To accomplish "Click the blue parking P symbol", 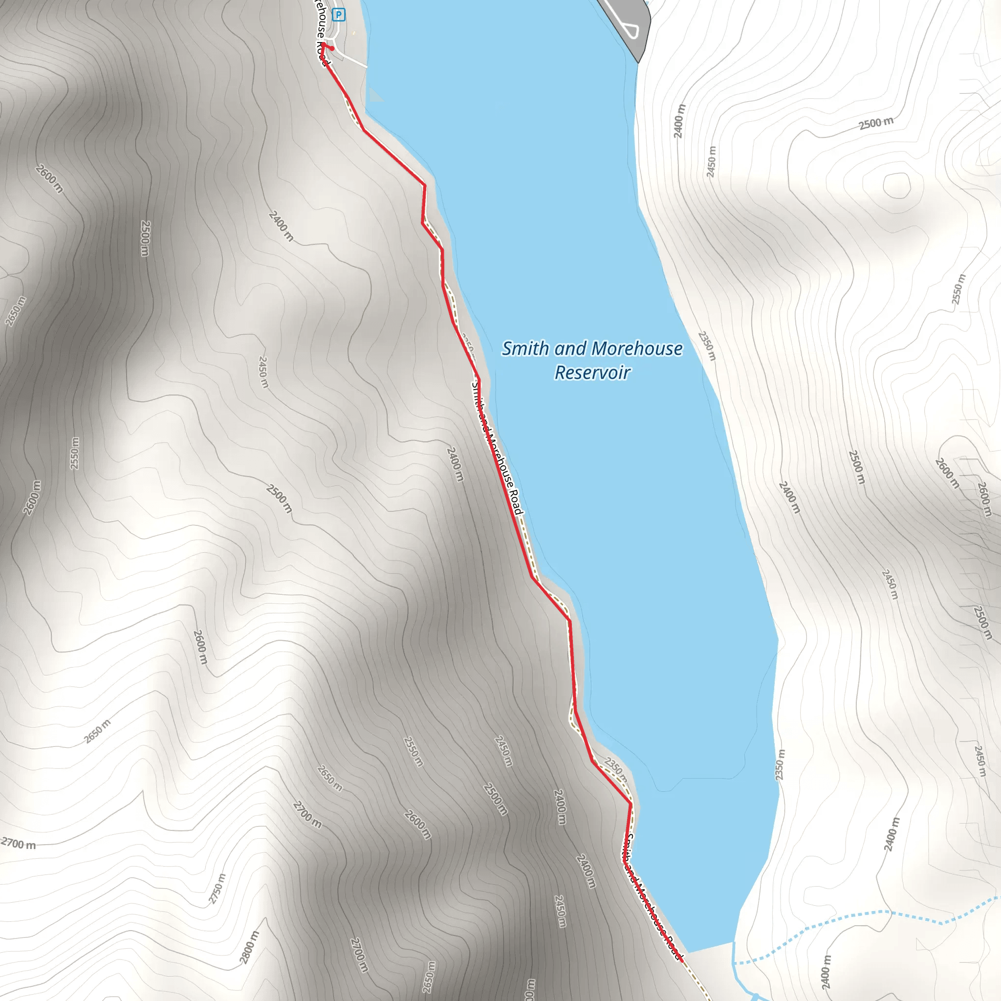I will (338, 15).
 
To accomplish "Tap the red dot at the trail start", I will (332, 49).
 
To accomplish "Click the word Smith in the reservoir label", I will (525, 348).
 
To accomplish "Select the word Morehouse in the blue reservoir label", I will (638, 348).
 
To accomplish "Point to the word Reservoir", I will (592, 372).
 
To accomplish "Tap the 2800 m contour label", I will (249, 947).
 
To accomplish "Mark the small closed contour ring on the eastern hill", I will (897, 185).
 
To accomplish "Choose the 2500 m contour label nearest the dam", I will (876, 123).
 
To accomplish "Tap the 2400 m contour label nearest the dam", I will (679, 121).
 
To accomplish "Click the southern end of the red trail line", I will (681, 960).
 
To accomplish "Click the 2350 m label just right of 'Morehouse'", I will (707, 346).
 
